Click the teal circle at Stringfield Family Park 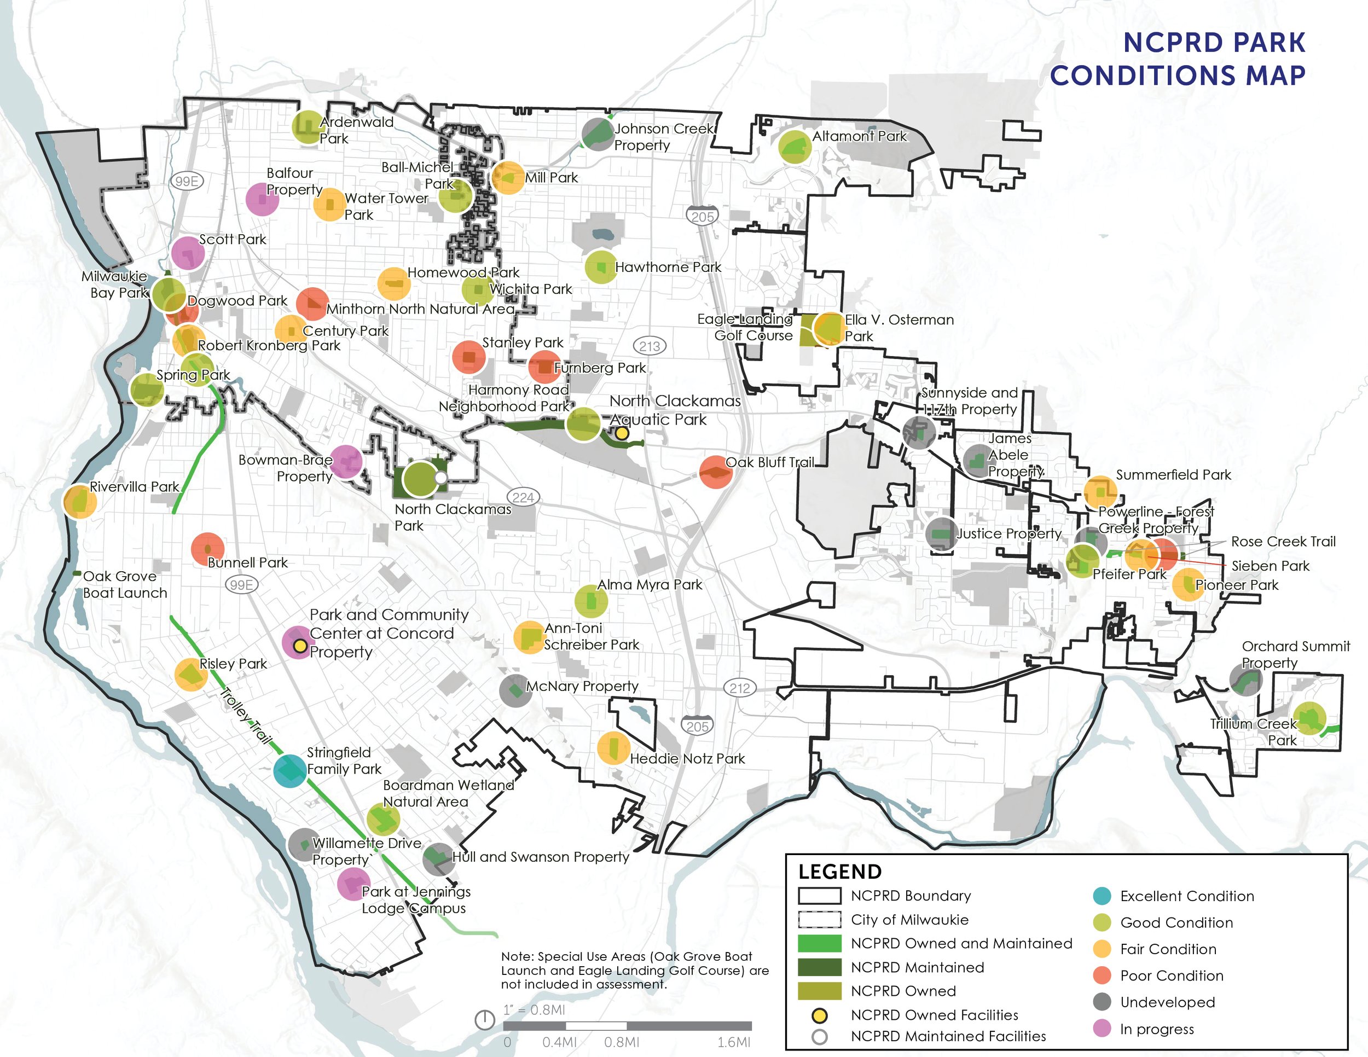tap(290, 770)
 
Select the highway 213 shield tap(650, 346)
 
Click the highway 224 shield tap(523, 497)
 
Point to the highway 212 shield tap(740, 688)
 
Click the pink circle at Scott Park tap(188, 253)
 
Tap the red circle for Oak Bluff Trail tap(715, 472)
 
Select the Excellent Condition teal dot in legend tap(1102, 896)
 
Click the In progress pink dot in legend tap(1102, 1028)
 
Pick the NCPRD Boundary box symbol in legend tap(819, 896)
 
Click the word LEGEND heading tap(839, 872)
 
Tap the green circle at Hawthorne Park tap(601, 268)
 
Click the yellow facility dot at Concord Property tap(300, 645)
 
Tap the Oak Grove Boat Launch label tap(125, 584)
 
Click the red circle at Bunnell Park tap(207, 549)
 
